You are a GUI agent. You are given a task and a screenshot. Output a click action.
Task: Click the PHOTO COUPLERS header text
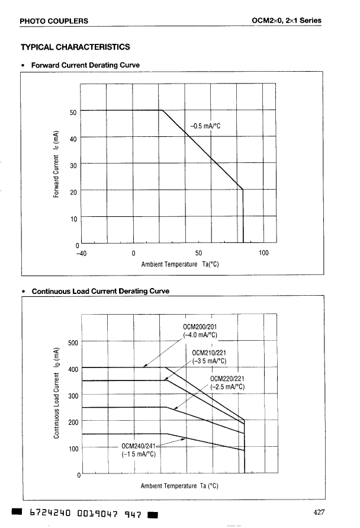tap(54, 21)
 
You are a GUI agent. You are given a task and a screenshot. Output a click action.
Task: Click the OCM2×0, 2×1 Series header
tap(287, 21)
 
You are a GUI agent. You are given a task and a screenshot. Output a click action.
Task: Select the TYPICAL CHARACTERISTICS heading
tap(75, 47)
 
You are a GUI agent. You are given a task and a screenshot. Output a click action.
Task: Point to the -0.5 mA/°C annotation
tap(205, 126)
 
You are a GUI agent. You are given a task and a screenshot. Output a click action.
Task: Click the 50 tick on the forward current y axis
tap(73, 112)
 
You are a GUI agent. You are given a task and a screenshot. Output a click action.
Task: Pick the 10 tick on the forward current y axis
tap(73, 219)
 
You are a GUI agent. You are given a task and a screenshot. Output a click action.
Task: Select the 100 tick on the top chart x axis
tap(264, 253)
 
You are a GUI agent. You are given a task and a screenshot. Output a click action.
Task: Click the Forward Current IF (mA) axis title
tap(56, 164)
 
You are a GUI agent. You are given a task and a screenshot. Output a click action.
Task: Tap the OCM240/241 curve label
tap(137, 446)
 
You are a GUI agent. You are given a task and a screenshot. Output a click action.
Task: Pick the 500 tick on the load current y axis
tap(73, 343)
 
